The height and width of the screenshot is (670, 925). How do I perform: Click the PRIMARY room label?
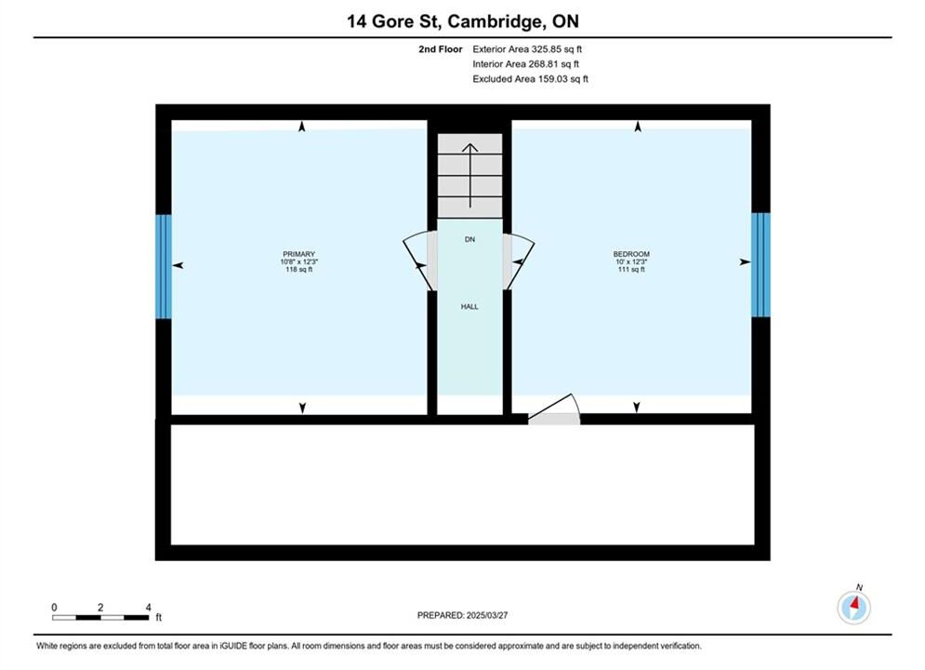tap(298, 254)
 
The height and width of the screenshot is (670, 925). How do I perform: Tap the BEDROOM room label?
tap(631, 254)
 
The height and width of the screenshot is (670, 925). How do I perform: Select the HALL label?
tap(469, 307)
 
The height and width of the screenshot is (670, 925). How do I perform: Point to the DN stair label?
tap(469, 239)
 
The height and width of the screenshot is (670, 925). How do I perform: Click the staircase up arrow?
tap(470, 175)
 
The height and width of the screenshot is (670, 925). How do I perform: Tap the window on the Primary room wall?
tap(164, 266)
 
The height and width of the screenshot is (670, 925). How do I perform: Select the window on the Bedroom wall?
tap(760, 264)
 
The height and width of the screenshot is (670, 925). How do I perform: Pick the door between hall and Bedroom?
tap(519, 261)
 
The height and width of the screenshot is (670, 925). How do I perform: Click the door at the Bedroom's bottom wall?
tap(554, 409)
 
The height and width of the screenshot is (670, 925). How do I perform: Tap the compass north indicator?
tap(853, 606)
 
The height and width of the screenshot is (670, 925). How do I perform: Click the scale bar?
tap(100, 618)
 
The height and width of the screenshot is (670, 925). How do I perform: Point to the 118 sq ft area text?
tap(298, 270)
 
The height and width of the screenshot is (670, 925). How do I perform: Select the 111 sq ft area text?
tap(631, 269)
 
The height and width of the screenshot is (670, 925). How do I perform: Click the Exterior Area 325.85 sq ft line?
tap(527, 49)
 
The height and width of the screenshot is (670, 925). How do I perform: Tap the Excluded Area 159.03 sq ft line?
tap(530, 79)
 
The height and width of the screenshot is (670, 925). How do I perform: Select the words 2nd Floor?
tap(441, 49)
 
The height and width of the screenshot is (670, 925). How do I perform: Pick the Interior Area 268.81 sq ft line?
tap(525, 64)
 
